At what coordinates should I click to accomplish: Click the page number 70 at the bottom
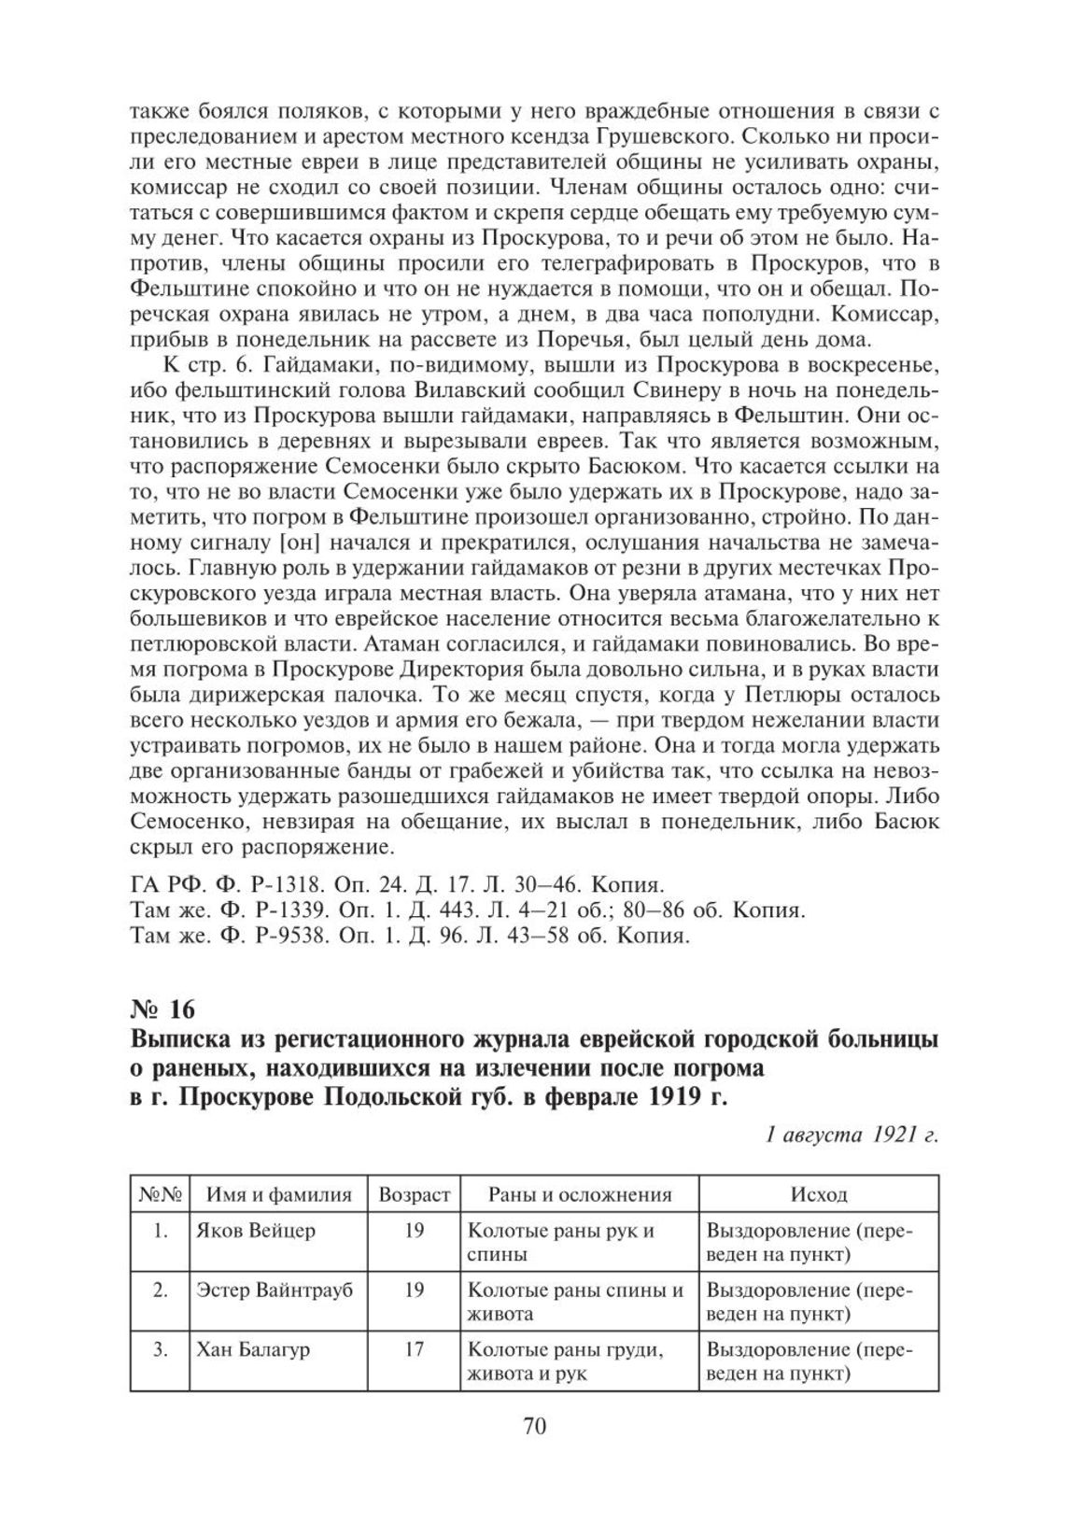click(x=534, y=1426)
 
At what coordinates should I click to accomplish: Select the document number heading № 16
click(x=163, y=1009)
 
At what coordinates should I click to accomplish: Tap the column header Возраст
click(x=415, y=1194)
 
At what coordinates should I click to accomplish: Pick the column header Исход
click(x=819, y=1194)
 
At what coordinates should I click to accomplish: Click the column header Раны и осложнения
click(x=580, y=1194)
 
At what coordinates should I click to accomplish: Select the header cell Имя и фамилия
click(x=279, y=1194)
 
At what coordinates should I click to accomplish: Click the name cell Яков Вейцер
click(x=256, y=1230)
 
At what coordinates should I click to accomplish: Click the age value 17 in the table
click(x=415, y=1349)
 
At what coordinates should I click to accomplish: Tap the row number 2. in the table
click(x=161, y=1290)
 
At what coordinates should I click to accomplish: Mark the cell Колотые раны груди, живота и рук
click(x=565, y=1361)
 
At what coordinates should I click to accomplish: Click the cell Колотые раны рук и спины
click(x=560, y=1242)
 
